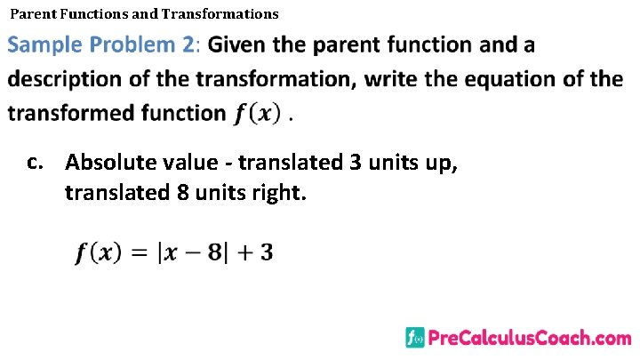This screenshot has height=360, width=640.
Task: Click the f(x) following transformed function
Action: click(x=259, y=114)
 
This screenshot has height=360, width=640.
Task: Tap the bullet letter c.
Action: click(x=35, y=163)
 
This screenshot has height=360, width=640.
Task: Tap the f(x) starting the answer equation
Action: click(x=98, y=253)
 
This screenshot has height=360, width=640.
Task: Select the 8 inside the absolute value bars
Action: click(x=213, y=253)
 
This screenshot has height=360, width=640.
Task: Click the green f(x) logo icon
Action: click(x=414, y=338)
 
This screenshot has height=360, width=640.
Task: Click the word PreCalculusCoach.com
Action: click(x=530, y=338)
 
